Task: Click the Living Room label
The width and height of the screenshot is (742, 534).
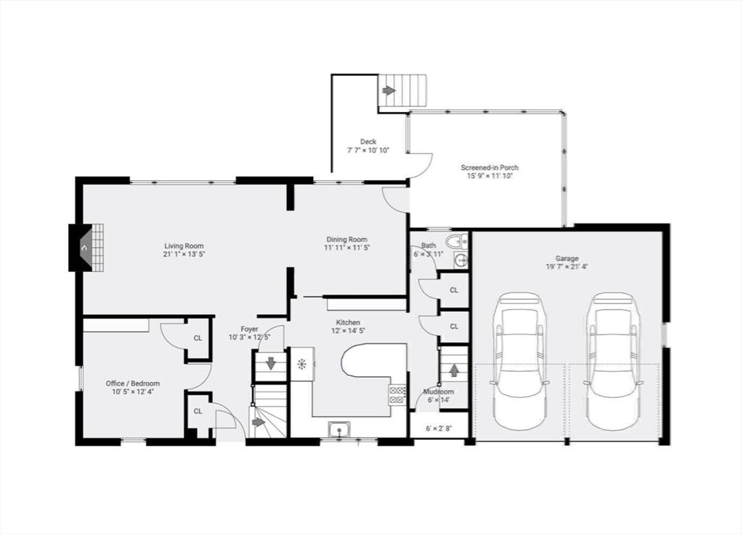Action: pyautogui.click(x=184, y=246)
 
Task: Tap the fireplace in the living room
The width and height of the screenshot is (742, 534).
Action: pyautogui.click(x=87, y=247)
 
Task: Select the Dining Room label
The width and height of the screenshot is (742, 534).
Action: pyautogui.click(x=347, y=239)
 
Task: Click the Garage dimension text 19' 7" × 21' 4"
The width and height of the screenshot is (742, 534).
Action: pyautogui.click(x=567, y=266)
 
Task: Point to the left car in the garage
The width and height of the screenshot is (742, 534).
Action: pyautogui.click(x=519, y=362)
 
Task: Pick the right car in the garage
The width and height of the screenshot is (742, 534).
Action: pyautogui.click(x=614, y=362)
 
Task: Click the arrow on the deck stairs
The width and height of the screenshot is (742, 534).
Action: pyautogui.click(x=388, y=90)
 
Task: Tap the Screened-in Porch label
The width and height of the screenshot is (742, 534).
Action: pyautogui.click(x=490, y=167)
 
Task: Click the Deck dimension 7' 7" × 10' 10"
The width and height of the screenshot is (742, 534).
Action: pyautogui.click(x=368, y=151)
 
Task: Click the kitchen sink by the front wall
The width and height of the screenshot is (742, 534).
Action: pyautogui.click(x=339, y=430)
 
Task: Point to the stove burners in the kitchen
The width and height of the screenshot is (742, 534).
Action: pyautogui.click(x=397, y=395)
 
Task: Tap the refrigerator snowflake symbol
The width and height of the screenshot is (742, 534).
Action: pyautogui.click(x=301, y=364)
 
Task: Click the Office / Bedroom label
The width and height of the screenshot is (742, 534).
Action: pyautogui.click(x=133, y=383)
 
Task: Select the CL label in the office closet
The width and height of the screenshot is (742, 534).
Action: pyautogui.click(x=198, y=339)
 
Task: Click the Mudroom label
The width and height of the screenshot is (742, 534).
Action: pyautogui.click(x=438, y=391)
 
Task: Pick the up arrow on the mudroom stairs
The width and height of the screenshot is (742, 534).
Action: pyautogui.click(x=454, y=370)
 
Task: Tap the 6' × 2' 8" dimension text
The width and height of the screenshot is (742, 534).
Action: pyautogui.click(x=439, y=428)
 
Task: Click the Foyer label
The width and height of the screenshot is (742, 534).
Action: pyautogui.click(x=249, y=329)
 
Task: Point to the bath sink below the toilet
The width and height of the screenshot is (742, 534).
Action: pyautogui.click(x=460, y=259)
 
